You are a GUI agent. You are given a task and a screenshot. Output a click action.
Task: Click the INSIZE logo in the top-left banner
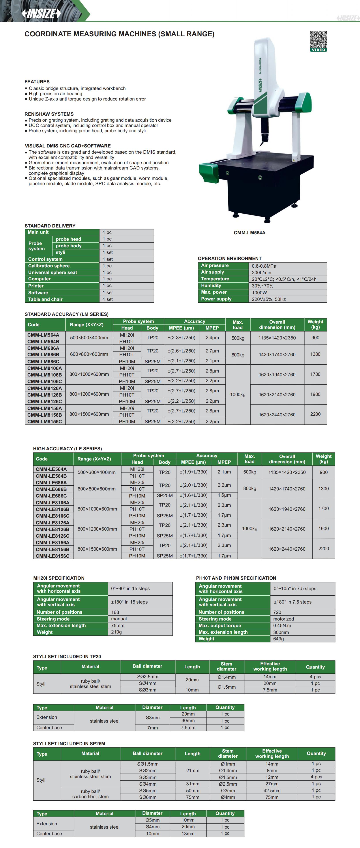point(41,13)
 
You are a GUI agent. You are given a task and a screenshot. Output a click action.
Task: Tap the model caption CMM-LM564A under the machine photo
point(249,233)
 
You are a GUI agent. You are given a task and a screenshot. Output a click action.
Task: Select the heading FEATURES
point(37,82)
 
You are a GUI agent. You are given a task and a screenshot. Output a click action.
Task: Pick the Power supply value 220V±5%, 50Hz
point(269,299)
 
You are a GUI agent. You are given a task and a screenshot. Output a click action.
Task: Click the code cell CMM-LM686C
point(43,362)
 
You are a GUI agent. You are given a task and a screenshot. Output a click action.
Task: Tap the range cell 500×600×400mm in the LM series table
point(89,338)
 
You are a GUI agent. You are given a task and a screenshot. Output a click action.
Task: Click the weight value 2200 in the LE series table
point(323,548)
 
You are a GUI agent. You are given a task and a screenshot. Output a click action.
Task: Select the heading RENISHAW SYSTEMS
point(49,114)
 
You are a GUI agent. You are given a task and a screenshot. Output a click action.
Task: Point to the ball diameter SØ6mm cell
point(148,797)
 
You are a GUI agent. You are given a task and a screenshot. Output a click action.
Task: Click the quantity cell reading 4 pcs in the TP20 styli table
point(315,677)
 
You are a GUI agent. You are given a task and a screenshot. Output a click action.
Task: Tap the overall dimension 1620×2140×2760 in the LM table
point(277,395)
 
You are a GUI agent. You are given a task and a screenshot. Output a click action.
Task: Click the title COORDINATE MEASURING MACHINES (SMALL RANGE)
point(119,34)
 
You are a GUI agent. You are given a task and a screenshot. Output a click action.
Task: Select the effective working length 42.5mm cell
point(272,791)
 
